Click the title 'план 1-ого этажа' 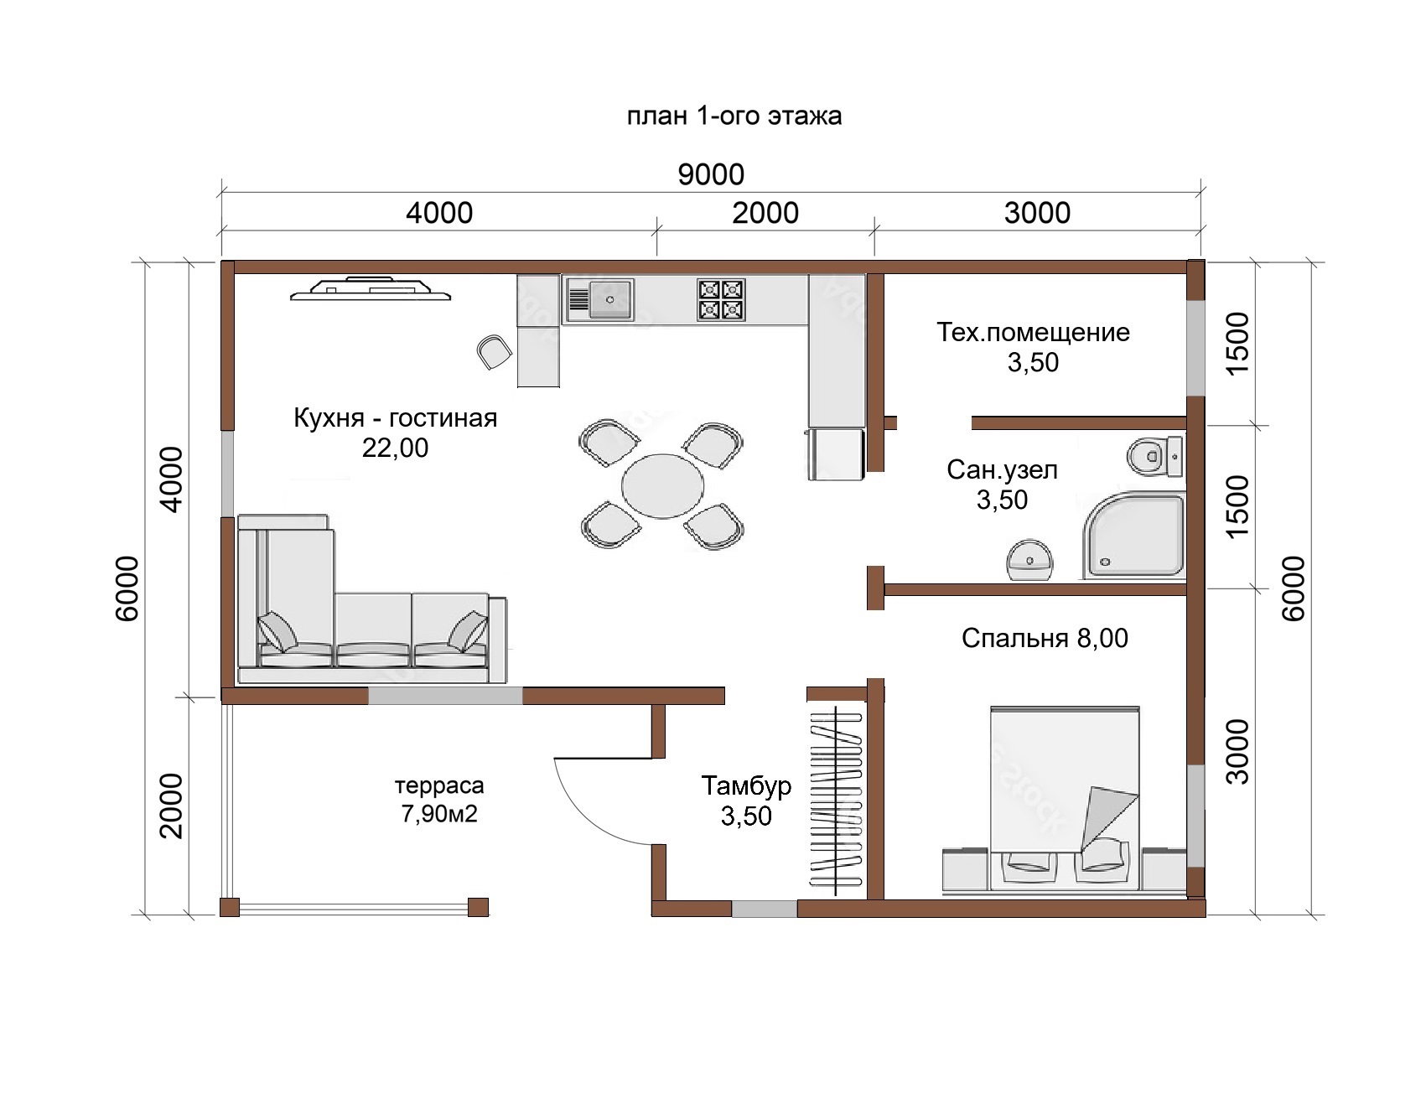(x=734, y=116)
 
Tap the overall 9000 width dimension (x=711, y=174)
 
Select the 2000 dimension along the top (x=765, y=213)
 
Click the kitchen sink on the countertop (x=600, y=299)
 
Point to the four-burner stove (x=721, y=299)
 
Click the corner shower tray (x=1134, y=536)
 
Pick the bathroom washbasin (x=1029, y=560)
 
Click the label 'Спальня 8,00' (x=1045, y=638)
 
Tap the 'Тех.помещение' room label (x=1033, y=332)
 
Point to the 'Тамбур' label (x=746, y=785)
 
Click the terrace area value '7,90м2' (x=439, y=813)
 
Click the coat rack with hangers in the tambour (x=836, y=798)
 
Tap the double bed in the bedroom (x=1065, y=798)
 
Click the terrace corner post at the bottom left (x=230, y=907)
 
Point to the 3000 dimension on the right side (x=1237, y=751)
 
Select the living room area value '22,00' (x=395, y=448)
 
